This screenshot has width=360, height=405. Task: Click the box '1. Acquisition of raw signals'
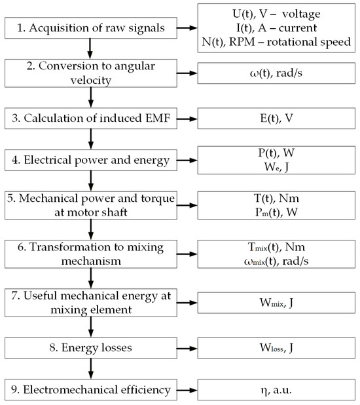pyautogui.click(x=91, y=28)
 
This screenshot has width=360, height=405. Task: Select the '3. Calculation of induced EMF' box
pyautogui.click(x=91, y=119)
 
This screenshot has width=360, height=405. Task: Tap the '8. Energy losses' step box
pyautogui.click(x=91, y=348)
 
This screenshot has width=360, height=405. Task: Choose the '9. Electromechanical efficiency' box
pyautogui.click(x=91, y=390)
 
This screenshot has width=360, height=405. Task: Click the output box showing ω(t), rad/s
pyautogui.click(x=276, y=73)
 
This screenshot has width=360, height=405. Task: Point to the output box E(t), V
pyautogui.click(x=276, y=119)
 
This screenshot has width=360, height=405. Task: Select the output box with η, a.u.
pyautogui.click(x=276, y=390)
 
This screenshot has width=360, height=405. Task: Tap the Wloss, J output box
pyautogui.click(x=276, y=348)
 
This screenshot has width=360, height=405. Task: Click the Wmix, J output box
pyautogui.click(x=276, y=303)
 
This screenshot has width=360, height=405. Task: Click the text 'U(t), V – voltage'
pyautogui.click(x=276, y=14)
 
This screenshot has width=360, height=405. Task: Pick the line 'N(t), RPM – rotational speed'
pyautogui.click(x=276, y=42)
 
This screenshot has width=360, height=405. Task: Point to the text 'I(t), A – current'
pyautogui.click(x=276, y=28)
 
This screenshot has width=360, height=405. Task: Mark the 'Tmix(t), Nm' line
pyautogui.click(x=276, y=247)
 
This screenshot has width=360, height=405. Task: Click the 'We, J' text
pyautogui.click(x=276, y=167)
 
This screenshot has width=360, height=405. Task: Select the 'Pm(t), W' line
pyautogui.click(x=276, y=212)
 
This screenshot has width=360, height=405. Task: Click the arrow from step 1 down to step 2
pyautogui.click(x=90, y=48)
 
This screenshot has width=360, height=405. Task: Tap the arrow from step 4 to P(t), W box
pyautogui.click(x=187, y=161)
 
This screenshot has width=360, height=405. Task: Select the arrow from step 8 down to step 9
pyautogui.click(x=91, y=368)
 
